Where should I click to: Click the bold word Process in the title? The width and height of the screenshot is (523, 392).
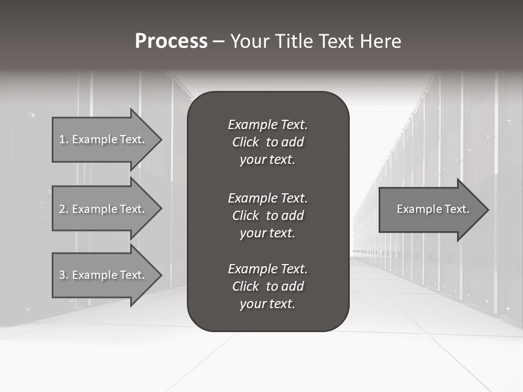[171, 41]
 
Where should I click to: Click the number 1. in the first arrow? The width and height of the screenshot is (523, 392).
[63, 139]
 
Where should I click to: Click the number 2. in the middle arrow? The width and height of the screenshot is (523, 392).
[63, 209]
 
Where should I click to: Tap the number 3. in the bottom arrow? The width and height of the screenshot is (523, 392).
[63, 275]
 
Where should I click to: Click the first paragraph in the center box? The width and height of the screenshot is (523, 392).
[267, 142]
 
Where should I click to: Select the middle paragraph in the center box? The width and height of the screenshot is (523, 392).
[267, 215]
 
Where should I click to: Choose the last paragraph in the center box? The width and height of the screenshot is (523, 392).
[267, 286]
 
